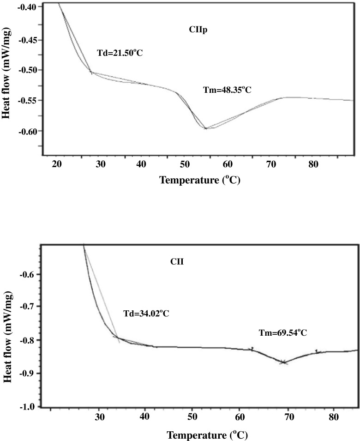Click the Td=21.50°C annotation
120,53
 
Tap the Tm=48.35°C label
227,90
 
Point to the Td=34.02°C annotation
146,314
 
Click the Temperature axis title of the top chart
200,179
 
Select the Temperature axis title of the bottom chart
207,435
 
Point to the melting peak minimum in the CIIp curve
205,128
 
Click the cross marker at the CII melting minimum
283,362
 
